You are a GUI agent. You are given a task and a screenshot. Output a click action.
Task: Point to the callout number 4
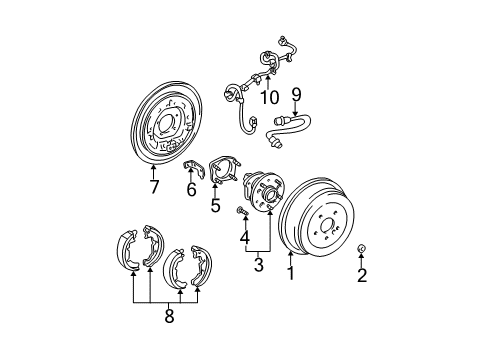[x=243, y=238]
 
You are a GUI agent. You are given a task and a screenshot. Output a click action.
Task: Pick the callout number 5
[x=215, y=207]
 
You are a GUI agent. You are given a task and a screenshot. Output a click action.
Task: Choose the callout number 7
[x=154, y=187]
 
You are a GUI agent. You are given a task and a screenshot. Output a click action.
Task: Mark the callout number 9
[x=296, y=96]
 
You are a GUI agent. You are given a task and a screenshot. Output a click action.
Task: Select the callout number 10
[x=269, y=97]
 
